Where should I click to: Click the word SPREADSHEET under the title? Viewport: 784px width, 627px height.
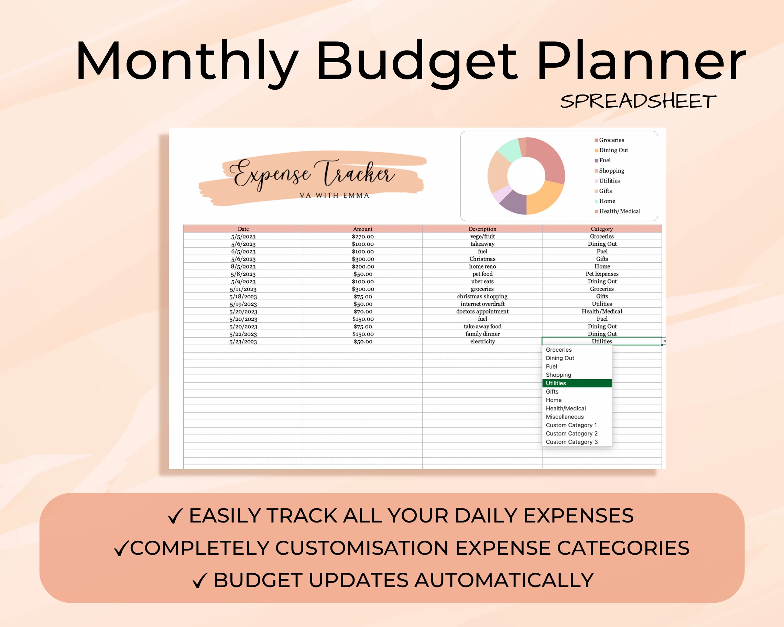coord(638,101)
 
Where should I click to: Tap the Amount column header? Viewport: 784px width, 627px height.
coord(362,229)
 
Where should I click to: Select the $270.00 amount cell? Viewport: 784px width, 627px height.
coord(362,236)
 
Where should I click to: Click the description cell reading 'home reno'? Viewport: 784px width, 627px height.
coord(482,266)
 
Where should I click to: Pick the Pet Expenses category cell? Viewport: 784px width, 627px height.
coord(602,274)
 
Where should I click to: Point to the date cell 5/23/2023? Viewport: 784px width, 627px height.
coord(243,342)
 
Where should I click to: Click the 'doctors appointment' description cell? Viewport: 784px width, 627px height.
coord(482,311)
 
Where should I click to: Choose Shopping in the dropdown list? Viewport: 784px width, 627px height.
coord(558,375)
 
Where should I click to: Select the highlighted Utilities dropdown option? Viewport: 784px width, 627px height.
coord(577,383)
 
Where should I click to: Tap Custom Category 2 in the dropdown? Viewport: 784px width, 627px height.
coord(571,433)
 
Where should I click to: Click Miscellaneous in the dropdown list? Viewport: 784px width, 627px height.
coord(565,417)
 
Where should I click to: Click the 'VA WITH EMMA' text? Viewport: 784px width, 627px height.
coord(334,196)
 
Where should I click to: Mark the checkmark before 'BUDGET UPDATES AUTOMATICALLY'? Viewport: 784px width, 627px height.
coord(200,581)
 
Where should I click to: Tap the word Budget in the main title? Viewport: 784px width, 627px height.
coord(417,62)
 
